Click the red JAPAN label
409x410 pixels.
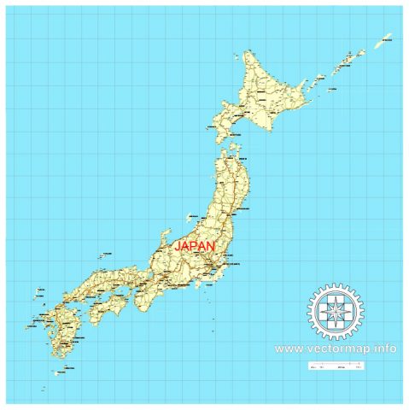[x=195, y=245]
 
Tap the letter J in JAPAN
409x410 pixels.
[x=178, y=245]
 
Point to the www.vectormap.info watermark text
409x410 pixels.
[x=336, y=349]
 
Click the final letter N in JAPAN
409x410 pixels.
[x=211, y=245]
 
